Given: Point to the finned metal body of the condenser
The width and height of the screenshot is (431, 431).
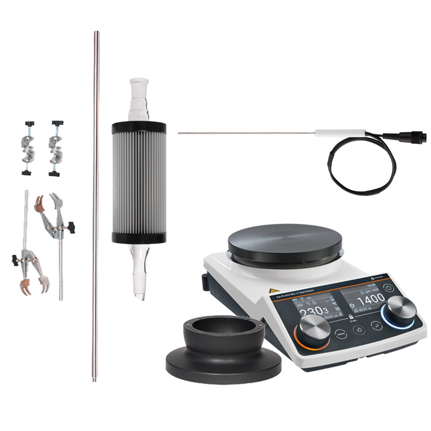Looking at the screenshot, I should [x=138, y=183].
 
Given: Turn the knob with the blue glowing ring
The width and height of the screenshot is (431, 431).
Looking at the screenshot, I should [x=398, y=311].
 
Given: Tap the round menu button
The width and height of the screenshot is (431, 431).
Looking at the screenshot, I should [x=340, y=333].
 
